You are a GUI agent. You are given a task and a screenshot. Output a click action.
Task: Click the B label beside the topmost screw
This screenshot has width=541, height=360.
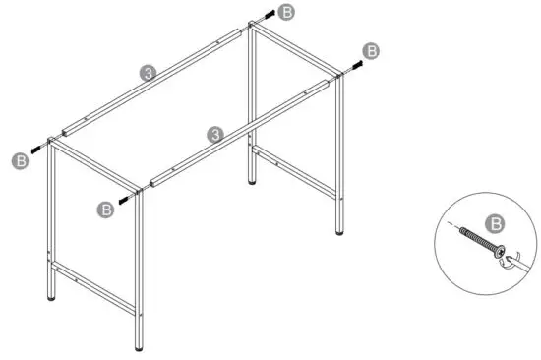tap(285, 12)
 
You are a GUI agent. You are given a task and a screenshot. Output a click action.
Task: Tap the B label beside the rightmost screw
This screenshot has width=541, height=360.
tap(371, 50)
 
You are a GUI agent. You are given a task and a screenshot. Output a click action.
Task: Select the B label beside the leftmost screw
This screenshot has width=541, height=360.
tap(18, 159)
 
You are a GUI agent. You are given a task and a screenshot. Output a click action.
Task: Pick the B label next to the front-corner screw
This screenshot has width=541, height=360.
tap(106, 208)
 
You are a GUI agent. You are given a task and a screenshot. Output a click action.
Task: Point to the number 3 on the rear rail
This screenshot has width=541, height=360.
tap(147, 73)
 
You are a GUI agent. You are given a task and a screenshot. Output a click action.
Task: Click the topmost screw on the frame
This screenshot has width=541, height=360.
tap(266, 18)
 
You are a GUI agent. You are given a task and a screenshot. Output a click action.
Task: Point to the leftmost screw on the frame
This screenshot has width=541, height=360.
tap(37, 149)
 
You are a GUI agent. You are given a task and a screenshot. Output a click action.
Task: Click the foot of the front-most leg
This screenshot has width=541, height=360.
tap(138, 344)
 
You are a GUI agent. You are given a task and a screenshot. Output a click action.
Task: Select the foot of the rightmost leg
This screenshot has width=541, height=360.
tap(341, 232)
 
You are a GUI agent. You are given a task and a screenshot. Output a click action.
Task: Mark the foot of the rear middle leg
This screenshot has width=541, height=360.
tap(255, 182)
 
